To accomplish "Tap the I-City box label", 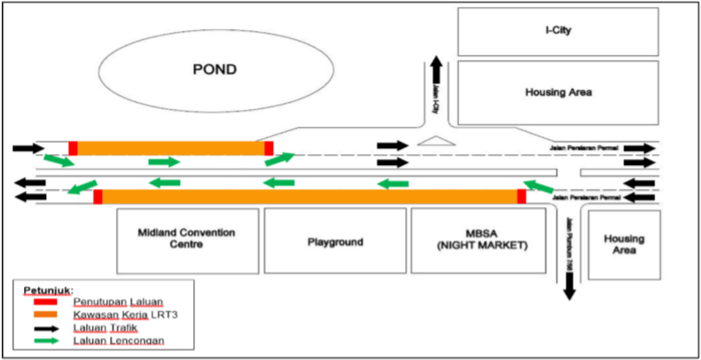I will click(x=557, y=32).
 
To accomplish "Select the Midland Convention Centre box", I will click(x=186, y=239).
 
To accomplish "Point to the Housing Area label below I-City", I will click(x=558, y=91).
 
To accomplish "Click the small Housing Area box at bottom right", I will click(x=624, y=245).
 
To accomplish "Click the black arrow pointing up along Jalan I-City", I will click(x=435, y=69).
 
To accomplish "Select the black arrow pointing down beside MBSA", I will click(x=569, y=285).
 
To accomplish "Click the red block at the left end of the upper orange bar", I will click(x=74, y=148).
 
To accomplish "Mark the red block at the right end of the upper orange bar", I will click(x=269, y=148).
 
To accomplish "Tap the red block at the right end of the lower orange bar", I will click(x=522, y=196).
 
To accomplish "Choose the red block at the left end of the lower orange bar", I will click(x=97, y=196).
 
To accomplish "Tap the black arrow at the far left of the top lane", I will click(x=27, y=147).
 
